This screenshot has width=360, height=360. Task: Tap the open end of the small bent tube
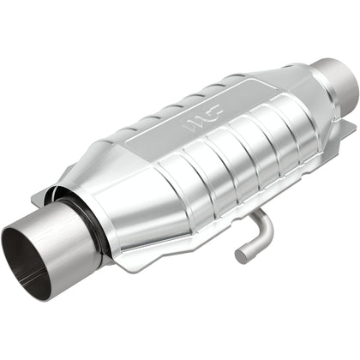[243, 255]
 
